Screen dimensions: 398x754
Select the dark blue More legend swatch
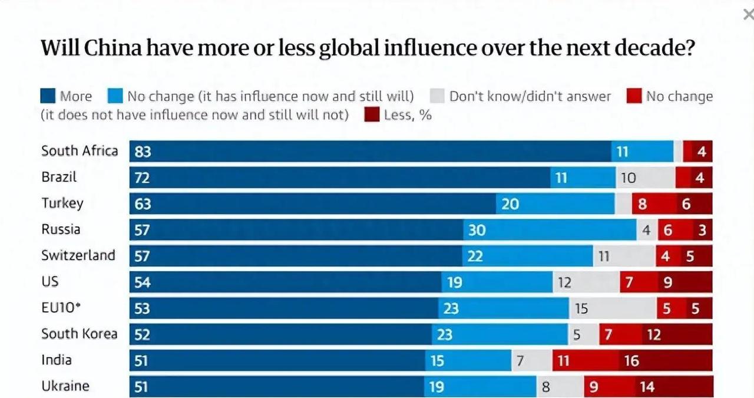pos(48,96)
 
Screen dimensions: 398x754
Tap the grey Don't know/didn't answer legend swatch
pos(436,96)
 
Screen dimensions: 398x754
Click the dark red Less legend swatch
pos(372,114)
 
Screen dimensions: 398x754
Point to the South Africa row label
pos(80,151)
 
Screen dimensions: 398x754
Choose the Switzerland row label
pos(78,255)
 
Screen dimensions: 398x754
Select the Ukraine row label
pos(65,386)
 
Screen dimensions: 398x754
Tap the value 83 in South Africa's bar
pos(143,152)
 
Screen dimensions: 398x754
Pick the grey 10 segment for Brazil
pos(645,177)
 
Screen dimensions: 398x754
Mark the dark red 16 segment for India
pos(666,360)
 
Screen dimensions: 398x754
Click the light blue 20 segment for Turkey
pos(555,204)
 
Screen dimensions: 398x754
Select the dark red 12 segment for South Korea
pos(677,334)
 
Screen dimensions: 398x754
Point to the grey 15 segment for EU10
pos(613,308)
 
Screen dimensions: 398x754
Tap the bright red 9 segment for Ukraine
pos(609,387)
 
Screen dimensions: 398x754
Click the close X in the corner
pos(748,15)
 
